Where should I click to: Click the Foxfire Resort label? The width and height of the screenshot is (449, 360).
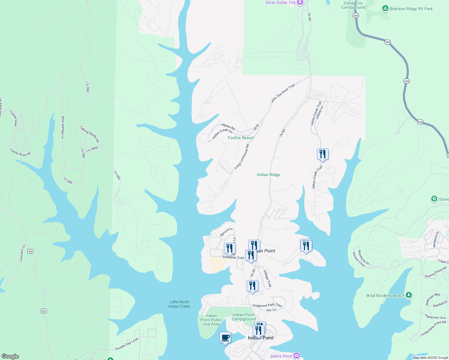pyautogui.click(x=241, y=138)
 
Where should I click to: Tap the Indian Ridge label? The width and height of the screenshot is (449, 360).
pyautogui.click(x=268, y=175)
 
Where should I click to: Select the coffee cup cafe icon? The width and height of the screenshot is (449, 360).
pyautogui.click(x=225, y=337)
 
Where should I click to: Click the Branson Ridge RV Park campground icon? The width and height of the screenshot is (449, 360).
pyautogui.click(x=385, y=9)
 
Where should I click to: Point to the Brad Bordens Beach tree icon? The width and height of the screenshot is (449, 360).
pyautogui.click(x=408, y=295)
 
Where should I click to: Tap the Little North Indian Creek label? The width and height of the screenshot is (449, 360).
pyautogui.click(x=179, y=304)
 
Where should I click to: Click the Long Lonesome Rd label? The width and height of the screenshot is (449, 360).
pyautogui.click(x=242, y=157)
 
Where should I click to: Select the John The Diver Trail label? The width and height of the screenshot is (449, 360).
pyautogui.click(x=283, y=93)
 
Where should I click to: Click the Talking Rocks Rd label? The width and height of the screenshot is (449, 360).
pyautogui.click(x=89, y=134)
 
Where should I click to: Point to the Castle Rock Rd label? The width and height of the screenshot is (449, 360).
pyautogui.click(x=20, y=152)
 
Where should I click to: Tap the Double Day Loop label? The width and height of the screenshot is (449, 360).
pyautogui.click(x=127, y=344)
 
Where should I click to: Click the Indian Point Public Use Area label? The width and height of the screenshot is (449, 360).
pyautogui.click(x=211, y=320)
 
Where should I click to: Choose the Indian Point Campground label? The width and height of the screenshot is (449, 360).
pyautogui.click(x=244, y=317)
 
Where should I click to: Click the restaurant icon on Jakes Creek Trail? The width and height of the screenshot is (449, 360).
pyautogui.click(x=323, y=154)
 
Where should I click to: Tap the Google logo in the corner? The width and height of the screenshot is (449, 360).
pyautogui.click(x=10, y=356)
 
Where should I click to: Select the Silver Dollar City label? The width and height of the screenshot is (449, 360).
pyautogui.click(x=280, y=3)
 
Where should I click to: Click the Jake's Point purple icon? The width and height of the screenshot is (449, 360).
pyautogui.click(x=297, y=356)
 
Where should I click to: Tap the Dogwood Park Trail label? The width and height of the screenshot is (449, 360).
pyautogui.click(x=267, y=305)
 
